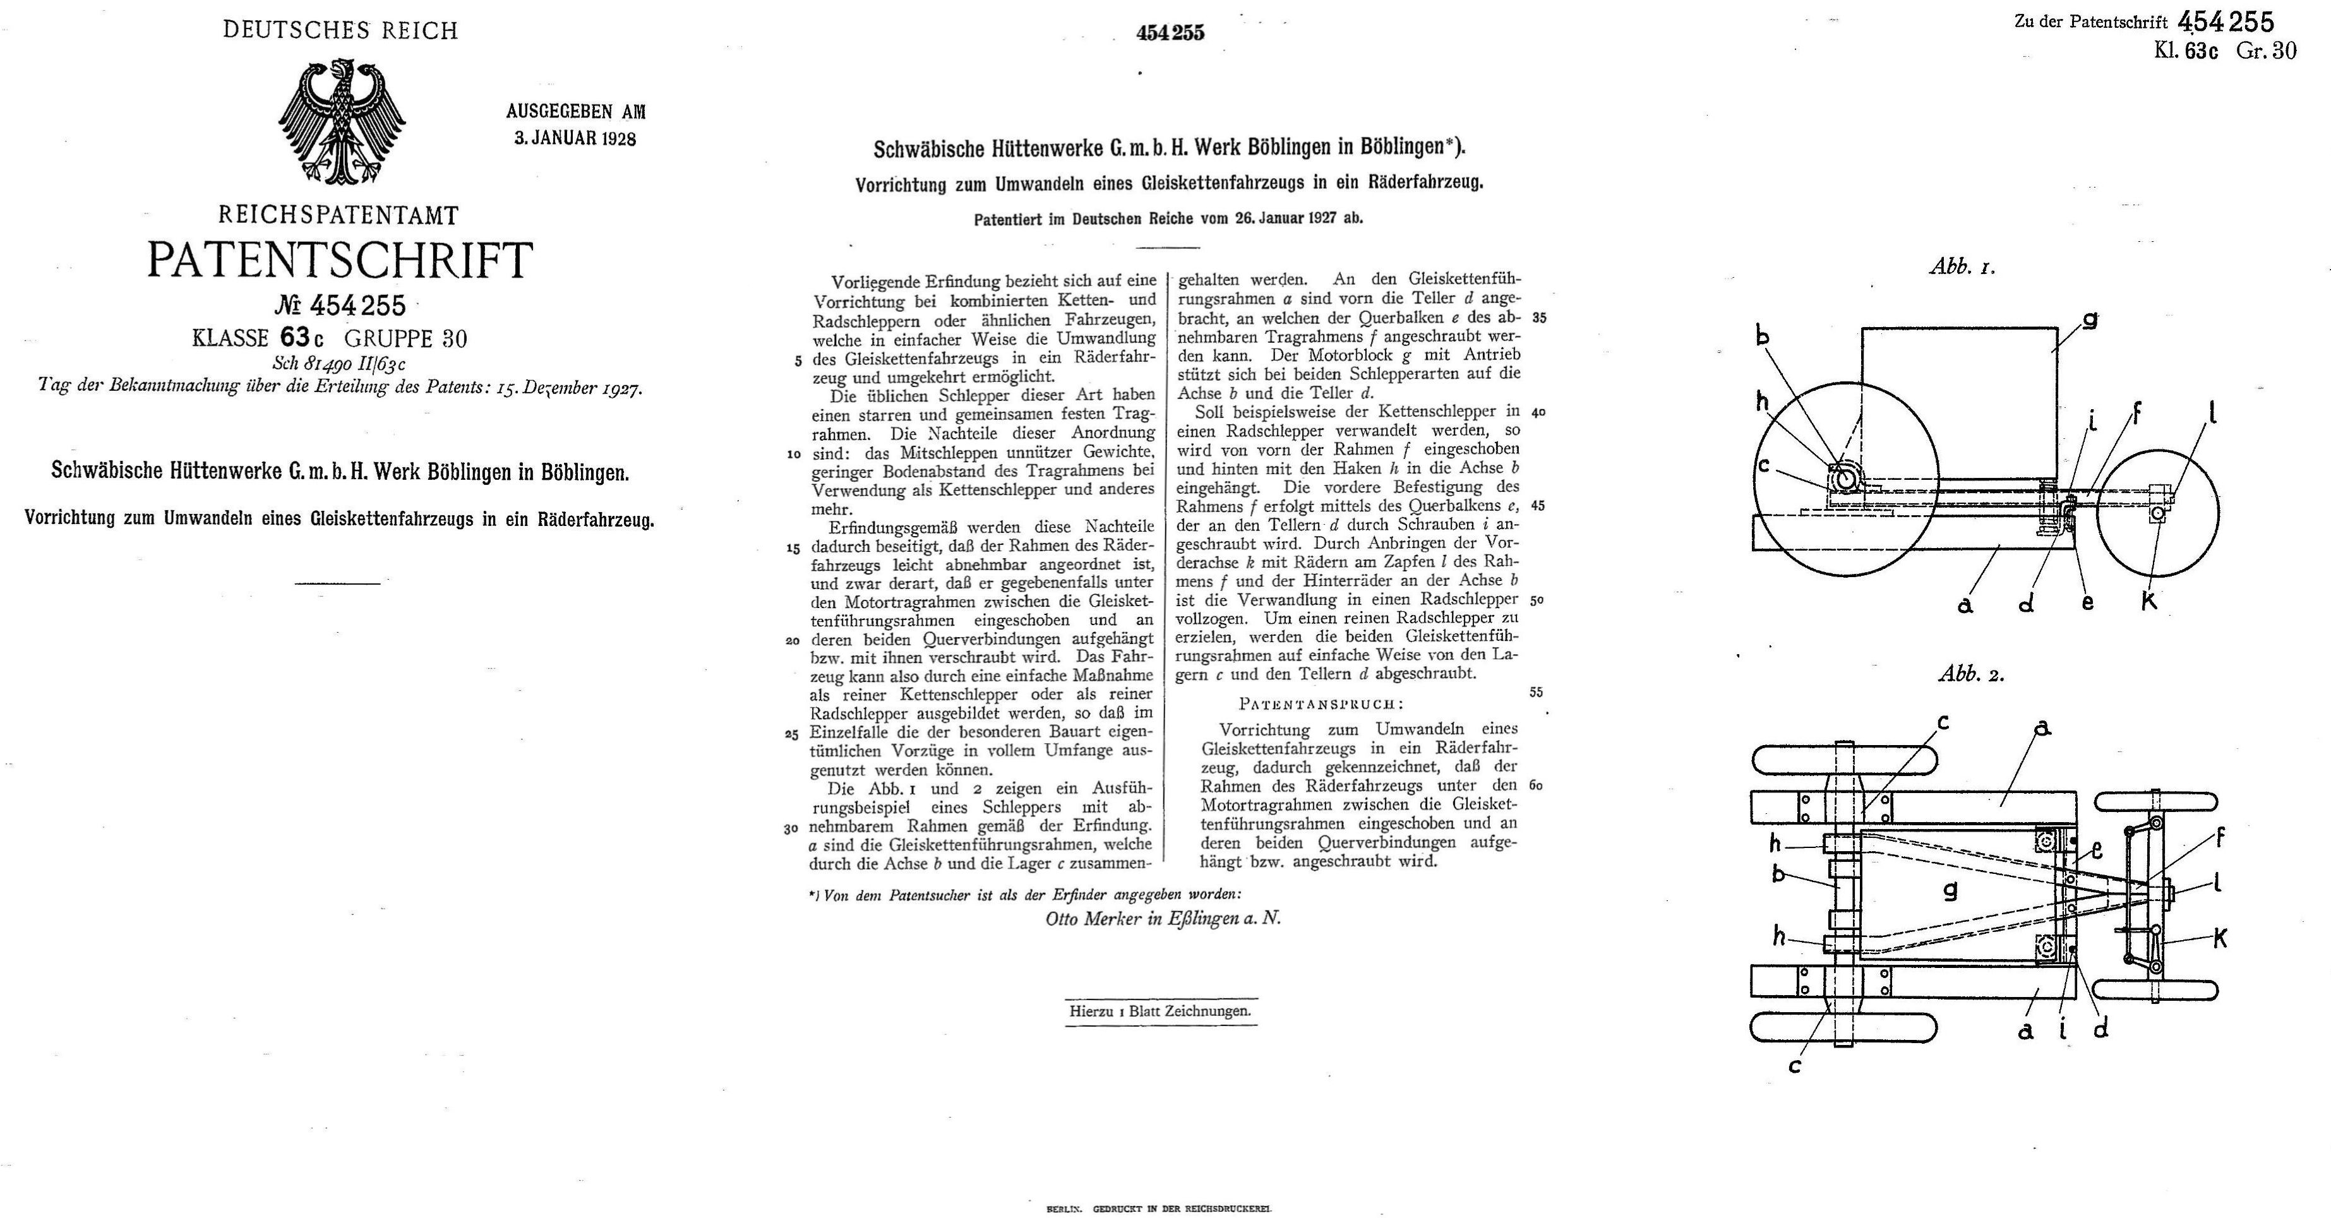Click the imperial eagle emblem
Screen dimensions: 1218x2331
tap(341, 122)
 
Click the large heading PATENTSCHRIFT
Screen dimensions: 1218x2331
tap(340, 261)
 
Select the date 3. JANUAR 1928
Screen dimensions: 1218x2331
tap(575, 138)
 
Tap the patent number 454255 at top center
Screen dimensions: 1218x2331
tap(1170, 33)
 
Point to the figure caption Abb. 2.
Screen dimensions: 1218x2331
tap(1971, 674)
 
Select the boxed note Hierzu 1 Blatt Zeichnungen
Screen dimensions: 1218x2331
tap(1160, 1011)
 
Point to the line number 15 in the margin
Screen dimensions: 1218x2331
tap(794, 548)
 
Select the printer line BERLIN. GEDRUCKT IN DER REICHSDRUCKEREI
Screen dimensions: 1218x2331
tap(1158, 1208)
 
